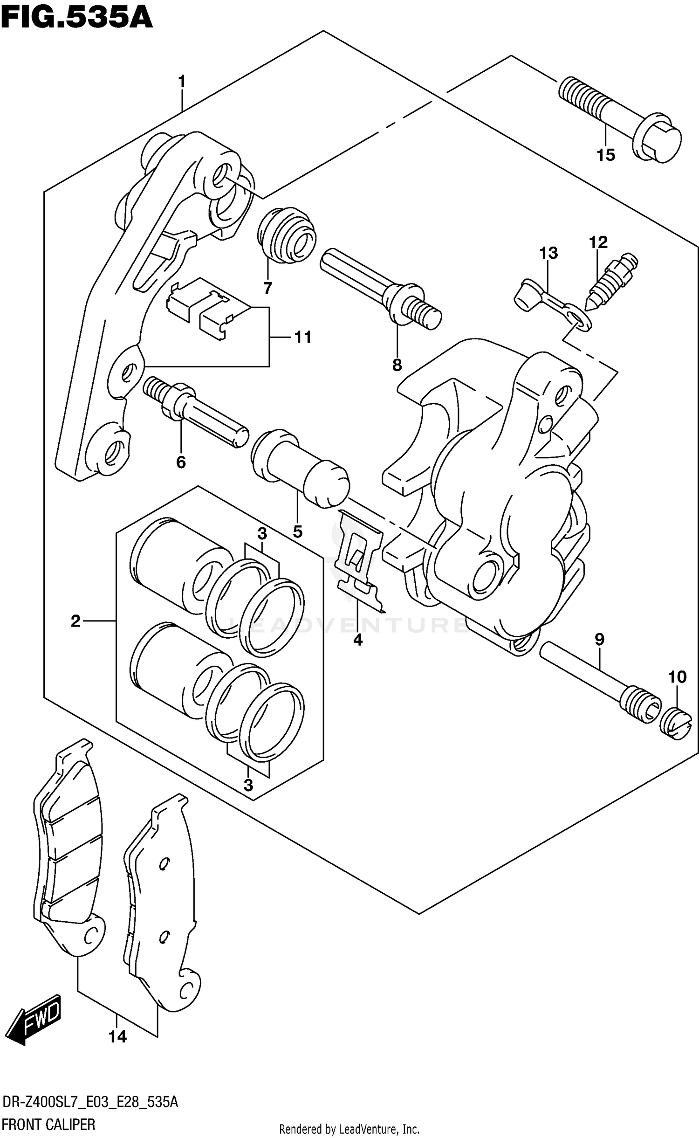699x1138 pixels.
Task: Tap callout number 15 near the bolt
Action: pos(606,155)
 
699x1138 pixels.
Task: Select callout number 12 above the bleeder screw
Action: pos(598,242)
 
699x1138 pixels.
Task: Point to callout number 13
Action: pos(548,253)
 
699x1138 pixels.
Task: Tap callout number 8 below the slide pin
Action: pos(397,365)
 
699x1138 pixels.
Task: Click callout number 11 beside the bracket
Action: pos(303,337)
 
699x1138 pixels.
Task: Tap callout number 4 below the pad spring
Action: pos(357,640)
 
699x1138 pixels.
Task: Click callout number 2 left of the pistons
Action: pos(75,621)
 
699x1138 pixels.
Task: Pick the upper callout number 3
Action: pos(262,533)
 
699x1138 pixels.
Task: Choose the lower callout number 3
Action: pos(248,785)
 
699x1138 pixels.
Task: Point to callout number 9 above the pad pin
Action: pos(599,639)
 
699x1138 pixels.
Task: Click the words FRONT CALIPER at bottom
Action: pos(48,1124)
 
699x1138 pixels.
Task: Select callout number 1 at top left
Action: pos(182,82)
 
